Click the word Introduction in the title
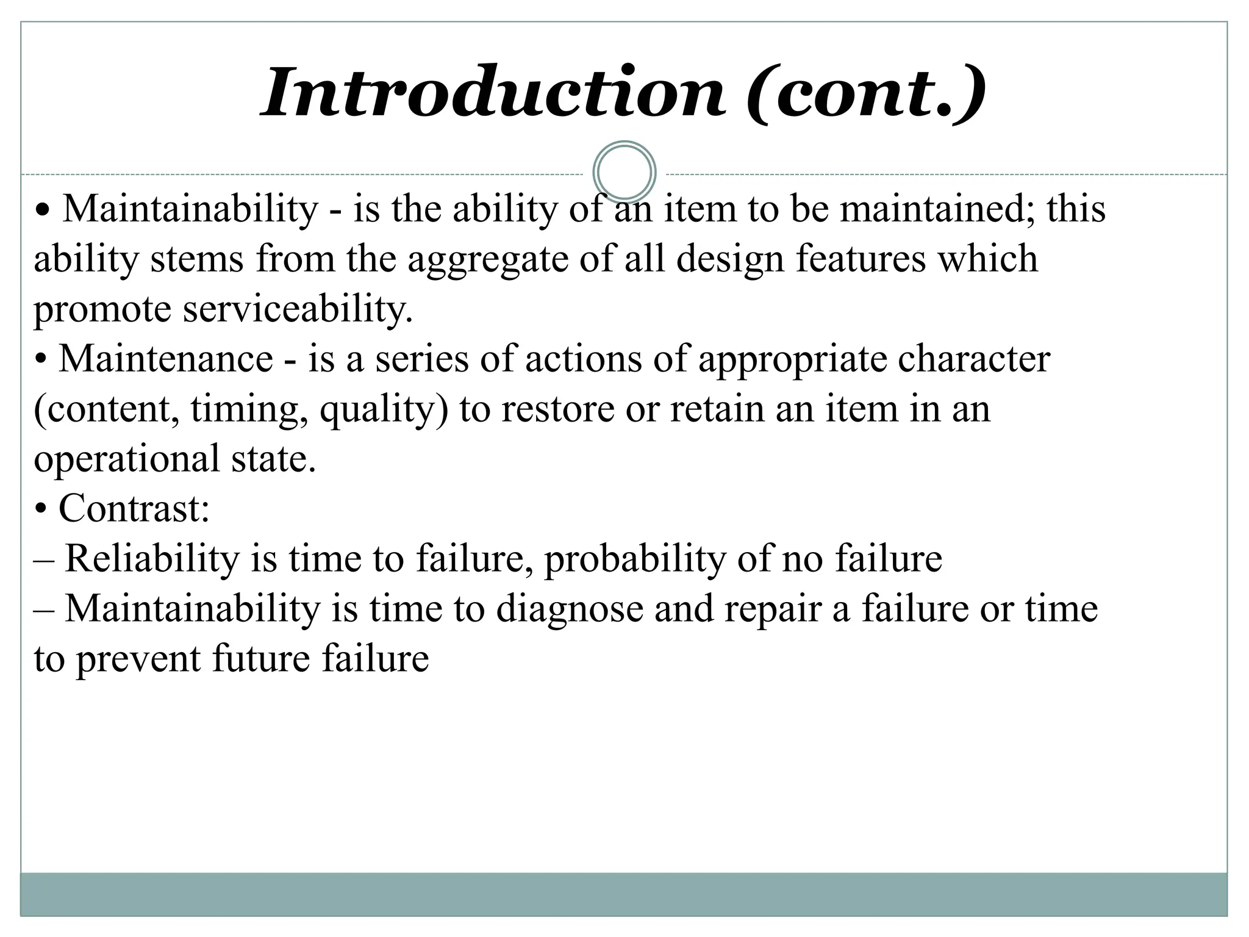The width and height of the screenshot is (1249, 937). tap(493, 93)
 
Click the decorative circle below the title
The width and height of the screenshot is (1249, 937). tap(624, 173)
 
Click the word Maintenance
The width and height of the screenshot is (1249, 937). tap(166, 359)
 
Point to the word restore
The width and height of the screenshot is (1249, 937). tap(557, 409)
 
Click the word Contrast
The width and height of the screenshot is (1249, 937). tap(134, 509)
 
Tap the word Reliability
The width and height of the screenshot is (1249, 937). tap(152, 559)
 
